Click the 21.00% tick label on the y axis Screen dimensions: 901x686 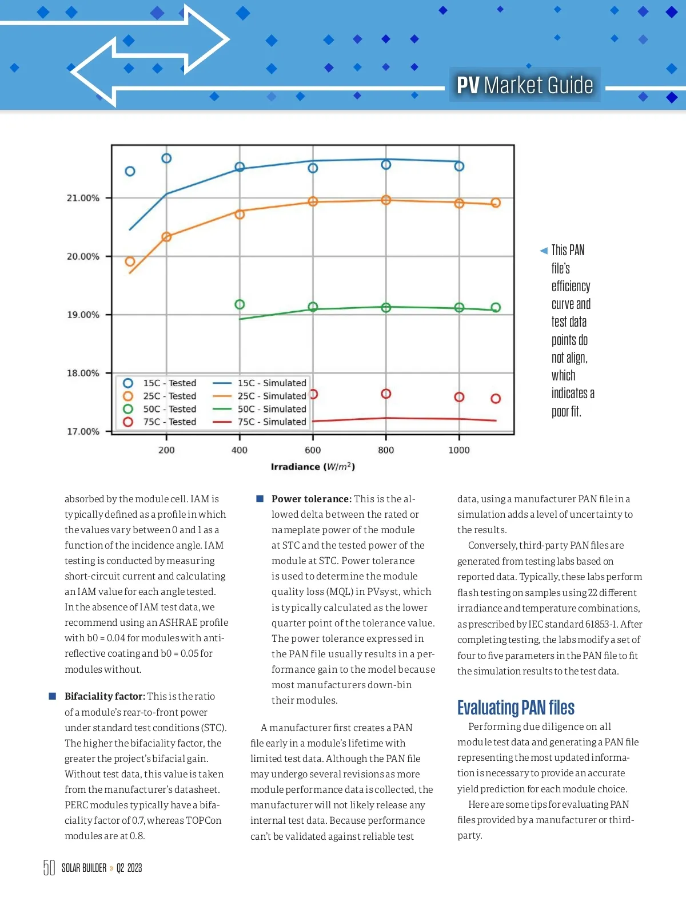tap(83, 198)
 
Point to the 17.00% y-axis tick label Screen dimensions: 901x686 tap(83, 431)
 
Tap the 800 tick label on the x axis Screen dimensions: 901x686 tap(386, 450)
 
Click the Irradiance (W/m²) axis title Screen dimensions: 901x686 tap(313, 467)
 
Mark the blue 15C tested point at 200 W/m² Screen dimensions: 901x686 tap(166, 158)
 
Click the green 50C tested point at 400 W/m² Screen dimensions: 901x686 tap(240, 304)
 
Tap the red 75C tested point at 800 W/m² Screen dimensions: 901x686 tap(386, 394)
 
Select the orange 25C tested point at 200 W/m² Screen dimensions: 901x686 tap(166, 237)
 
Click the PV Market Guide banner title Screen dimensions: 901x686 tap(525, 85)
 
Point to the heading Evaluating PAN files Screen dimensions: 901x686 tap(516, 708)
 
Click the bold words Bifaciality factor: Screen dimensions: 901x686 tap(105, 696)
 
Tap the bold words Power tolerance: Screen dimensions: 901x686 tap(312, 499)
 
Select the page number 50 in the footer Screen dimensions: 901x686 tap(49, 868)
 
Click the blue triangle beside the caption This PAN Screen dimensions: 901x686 tap(544, 251)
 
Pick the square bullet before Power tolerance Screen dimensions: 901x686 tap(260, 499)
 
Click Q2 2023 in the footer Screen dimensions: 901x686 tap(129, 868)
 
